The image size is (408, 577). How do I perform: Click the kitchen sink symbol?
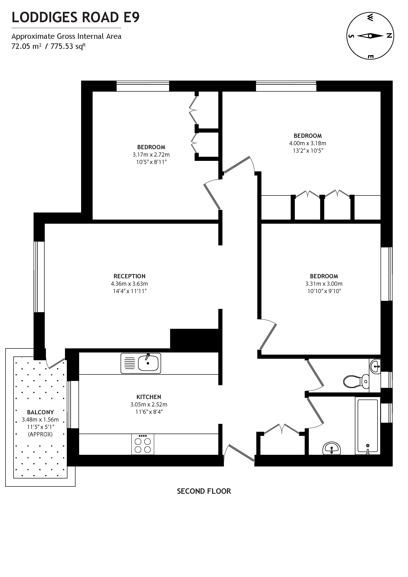pyautogui.click(x=141, y=363)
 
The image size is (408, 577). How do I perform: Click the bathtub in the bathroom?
pyautogui.click(x=367, y=426)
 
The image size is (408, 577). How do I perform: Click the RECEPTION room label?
pyautogui.click(x=129, y=276)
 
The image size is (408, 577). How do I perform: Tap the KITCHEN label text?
pyautogui.click(x=149, y=397)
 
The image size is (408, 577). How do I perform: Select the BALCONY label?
pyautogui.click(x=40, y=412)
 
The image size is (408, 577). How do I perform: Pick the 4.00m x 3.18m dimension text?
pyautogui.click(x=307, y=143)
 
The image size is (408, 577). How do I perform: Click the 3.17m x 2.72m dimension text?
pyautogui.click(x=151, y=155)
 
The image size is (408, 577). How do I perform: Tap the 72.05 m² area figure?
pyautogui.click(x=26, y=46)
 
